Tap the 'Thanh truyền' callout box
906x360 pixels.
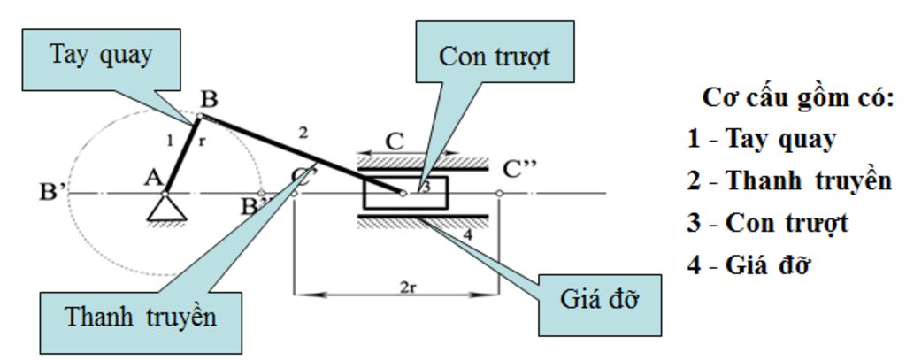(141, 316)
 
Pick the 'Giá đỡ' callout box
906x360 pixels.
(600, 299)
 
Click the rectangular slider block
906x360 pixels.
(405, 193)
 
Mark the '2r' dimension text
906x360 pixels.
(409, 287)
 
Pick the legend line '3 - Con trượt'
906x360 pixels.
(767, 222)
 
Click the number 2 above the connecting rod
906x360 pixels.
(303, 133)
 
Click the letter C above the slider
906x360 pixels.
(395, 142)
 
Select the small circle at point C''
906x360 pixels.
(500, 193)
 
